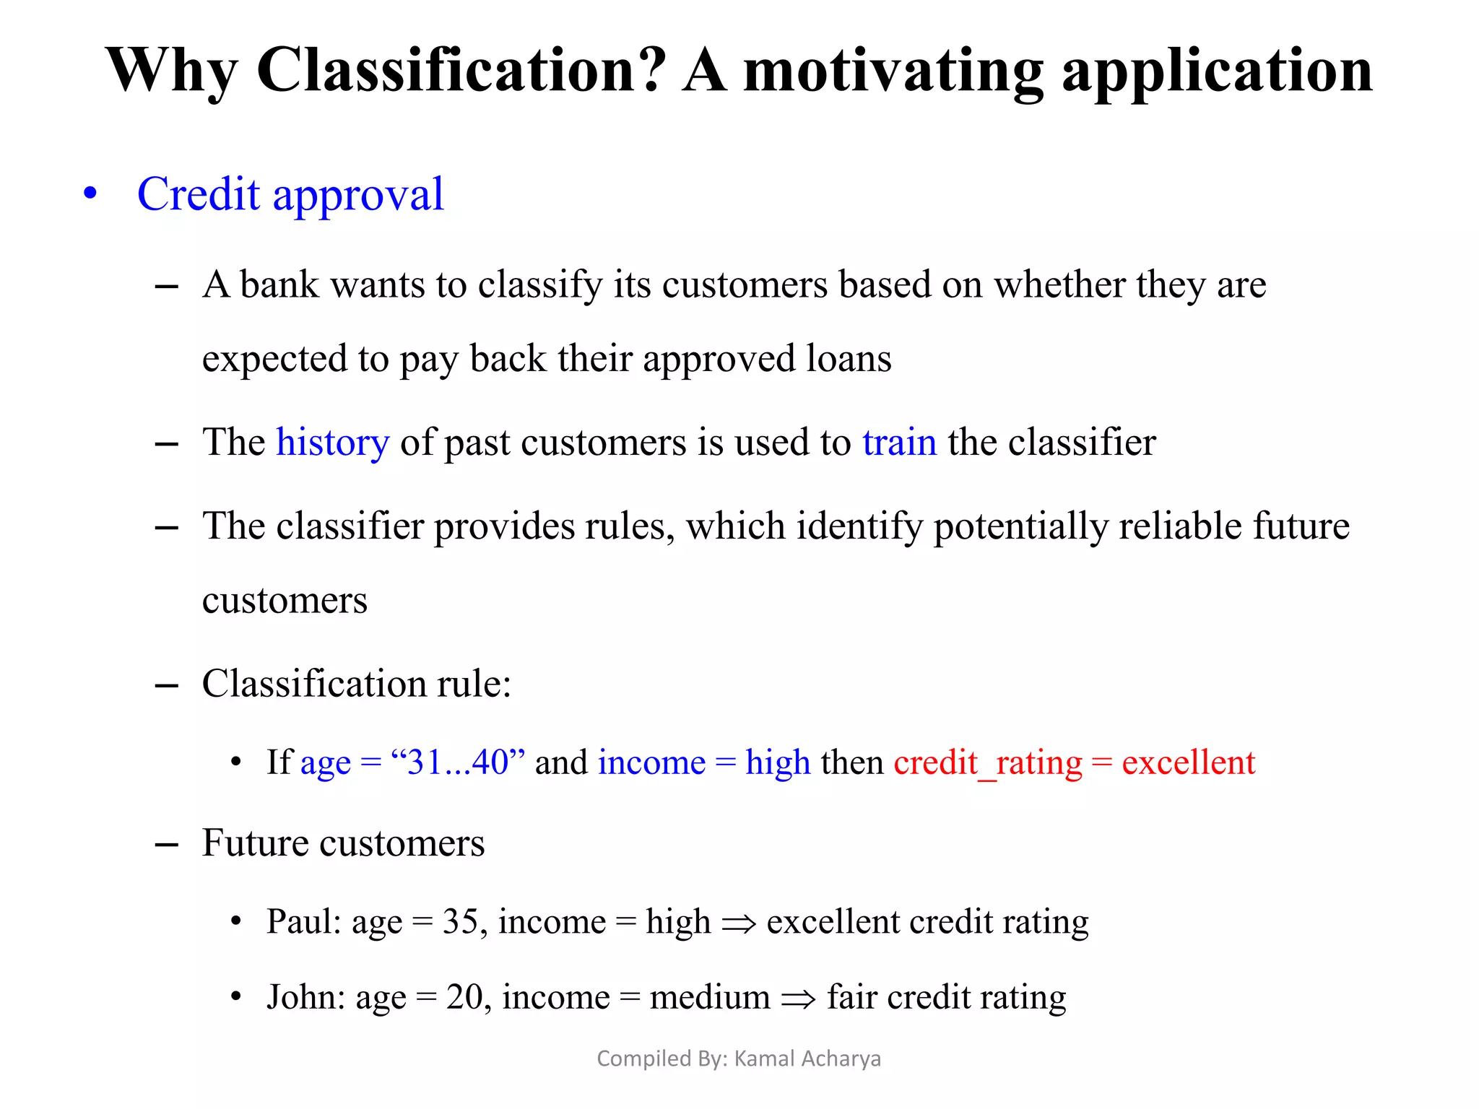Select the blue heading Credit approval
coord(290,194)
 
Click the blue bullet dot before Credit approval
coord(90,194)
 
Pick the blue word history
coord(332,442)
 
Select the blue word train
coord(899,442)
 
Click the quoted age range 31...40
coord(458,762)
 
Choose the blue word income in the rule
coord(651,762)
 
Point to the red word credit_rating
coord(987,762)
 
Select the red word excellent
coord(1188,762)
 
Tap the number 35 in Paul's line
coord(460,921)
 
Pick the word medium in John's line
coord(709,997)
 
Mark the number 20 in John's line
coord(464,997)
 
